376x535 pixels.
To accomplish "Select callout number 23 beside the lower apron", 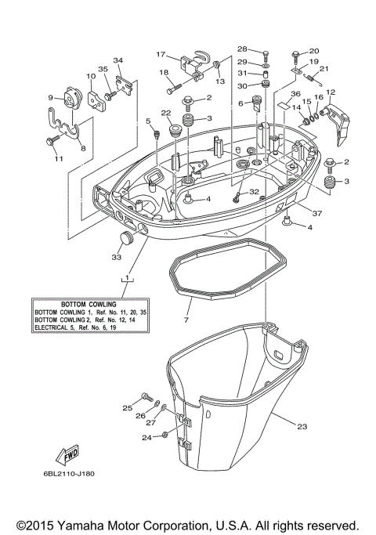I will tap(302, 426).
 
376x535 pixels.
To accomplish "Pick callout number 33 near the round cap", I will tap(117, 255).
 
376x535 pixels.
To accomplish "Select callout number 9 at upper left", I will tap(51, 98).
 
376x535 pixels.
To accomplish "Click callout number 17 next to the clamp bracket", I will tap(161, 55).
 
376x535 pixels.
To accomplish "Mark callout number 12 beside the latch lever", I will tap(331, 92).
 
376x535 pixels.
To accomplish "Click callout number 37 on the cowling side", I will tap(316, 212).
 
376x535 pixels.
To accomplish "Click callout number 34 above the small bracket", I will tap(117, 60).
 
